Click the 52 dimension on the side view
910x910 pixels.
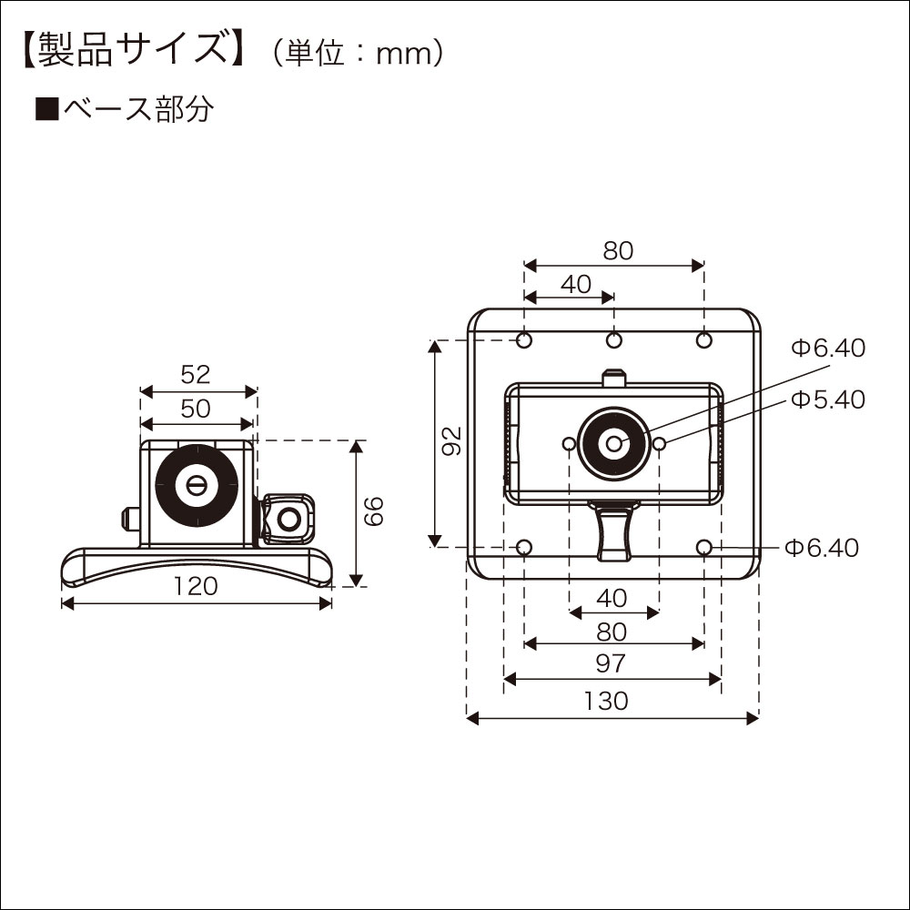tap(196, 374)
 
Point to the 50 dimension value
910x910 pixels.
tap(196, 409)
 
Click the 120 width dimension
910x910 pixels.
tap(196, 587)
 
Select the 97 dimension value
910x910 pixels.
tap(612, 663)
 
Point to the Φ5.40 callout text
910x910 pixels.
tap(827, 399)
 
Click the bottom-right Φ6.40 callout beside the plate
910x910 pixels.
tap(822, 547)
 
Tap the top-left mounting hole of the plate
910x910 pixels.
tap(524, 340)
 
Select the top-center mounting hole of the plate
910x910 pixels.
tap(614, 340)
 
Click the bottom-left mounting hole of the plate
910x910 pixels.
tap(524, 547)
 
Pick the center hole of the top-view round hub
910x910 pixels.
tap(614, 443)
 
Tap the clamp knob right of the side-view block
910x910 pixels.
tap(288, 520)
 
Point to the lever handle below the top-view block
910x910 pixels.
tap(612, 532)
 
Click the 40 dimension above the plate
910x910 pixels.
tap(576, 284)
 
